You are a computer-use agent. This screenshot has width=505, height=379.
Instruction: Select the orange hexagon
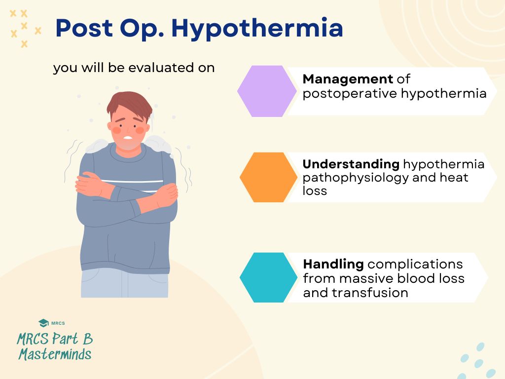click(269, 177)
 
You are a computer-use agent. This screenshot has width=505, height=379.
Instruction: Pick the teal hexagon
click(269, 277)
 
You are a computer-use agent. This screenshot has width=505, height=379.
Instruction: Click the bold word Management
click(348, 79)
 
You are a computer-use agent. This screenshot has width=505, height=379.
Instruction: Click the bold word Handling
click(333, 264)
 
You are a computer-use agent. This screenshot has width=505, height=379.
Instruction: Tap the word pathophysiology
click(352, 178)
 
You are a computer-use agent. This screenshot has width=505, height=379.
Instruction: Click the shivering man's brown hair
click(129, 104)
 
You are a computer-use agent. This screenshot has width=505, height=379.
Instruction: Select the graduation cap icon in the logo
click(43, 323)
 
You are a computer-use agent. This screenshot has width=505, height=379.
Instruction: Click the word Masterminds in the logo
click(55, 354)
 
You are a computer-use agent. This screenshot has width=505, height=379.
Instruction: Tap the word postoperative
click(350, 93)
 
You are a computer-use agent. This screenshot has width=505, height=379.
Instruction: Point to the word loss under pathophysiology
click(315, 190)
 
